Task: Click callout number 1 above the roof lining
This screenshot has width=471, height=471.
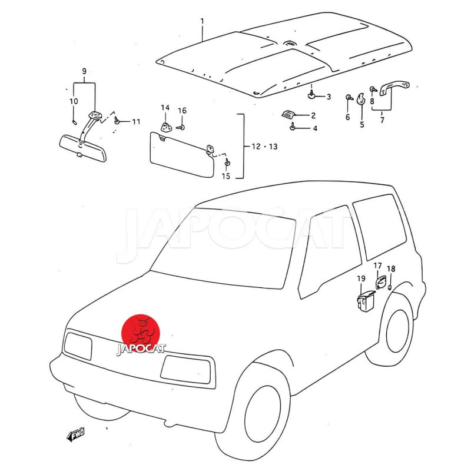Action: pos(202,22)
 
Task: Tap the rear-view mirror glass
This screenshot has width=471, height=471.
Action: pos(82,148)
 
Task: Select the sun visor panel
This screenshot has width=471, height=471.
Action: pos(182,154)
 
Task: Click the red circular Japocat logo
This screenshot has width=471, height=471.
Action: pos(141,334)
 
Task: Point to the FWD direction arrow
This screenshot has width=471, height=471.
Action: pos(76,434)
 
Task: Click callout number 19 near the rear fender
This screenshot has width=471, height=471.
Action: pos(361,278)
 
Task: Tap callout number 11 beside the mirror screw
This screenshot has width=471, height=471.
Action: pos(137,122)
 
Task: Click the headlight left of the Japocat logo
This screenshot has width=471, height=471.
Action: pos(78,346)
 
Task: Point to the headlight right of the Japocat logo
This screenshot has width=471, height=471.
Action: pos(185,370)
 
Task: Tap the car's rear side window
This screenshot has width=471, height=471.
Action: pos(380,227)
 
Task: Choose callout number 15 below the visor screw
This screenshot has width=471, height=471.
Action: pos(226,176)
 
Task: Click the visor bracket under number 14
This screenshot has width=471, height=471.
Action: pos(166,127)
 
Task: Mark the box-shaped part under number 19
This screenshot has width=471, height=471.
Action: pos(365,301)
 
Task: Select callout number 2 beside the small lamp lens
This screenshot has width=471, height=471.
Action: pos(313,115)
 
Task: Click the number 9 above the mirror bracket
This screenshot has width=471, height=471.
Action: pos(84,71)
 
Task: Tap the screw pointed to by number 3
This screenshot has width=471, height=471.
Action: pos(312,95)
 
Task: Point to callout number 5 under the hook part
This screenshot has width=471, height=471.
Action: pos(362,124)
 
